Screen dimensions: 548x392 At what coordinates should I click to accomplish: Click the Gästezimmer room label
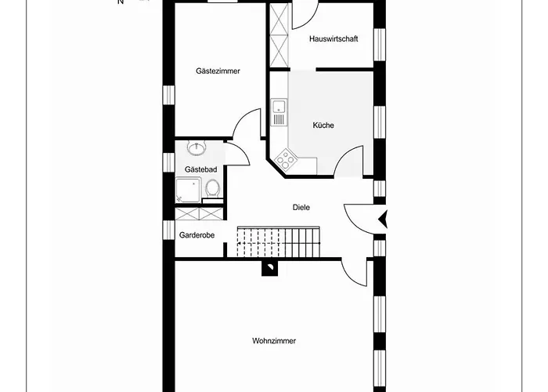(x=218, y=71)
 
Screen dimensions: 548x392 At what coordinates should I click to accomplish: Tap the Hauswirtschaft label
(x=333, y=39)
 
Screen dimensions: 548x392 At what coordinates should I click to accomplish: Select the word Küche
(x=323, y=125)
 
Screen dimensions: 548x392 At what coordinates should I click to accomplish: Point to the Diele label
(x=301, y=207)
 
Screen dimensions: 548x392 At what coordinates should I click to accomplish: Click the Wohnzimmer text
(x=274, y=340)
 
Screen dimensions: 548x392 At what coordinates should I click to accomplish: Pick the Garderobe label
(x=196, y=235)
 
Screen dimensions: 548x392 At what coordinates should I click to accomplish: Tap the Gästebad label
(x=200, y=169)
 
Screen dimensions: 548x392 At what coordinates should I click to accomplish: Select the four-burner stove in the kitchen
(x=286, y=160)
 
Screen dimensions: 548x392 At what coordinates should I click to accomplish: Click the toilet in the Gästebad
(x=212, y=189)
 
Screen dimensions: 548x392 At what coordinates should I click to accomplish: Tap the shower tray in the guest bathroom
(x=188, y=190)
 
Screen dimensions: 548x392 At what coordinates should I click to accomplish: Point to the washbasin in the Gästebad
(x=196, y=147)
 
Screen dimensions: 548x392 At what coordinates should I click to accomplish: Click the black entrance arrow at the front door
(x=383, y=220)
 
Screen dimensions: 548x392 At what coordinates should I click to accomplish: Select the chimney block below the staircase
(x=270, y=268)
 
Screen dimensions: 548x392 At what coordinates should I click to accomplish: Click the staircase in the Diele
(x=279, y=241)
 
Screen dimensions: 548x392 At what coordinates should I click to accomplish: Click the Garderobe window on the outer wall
(x=168, y=230)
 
